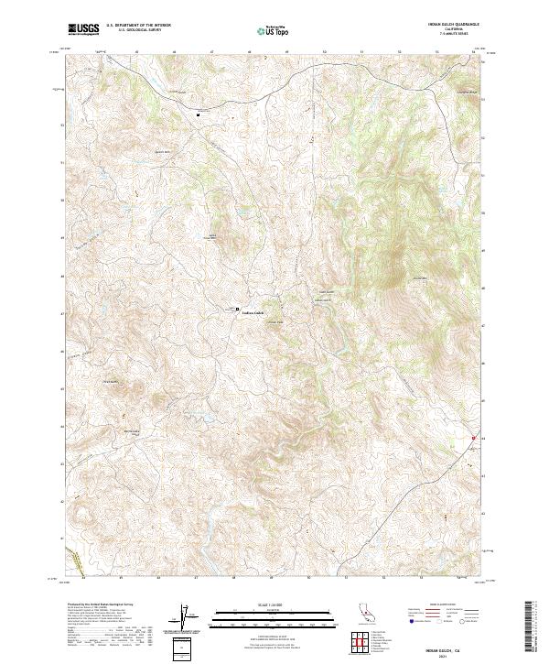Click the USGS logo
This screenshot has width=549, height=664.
(83, 29)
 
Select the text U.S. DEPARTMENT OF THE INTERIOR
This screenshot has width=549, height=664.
(138, 27)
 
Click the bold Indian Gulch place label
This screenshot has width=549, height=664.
(253, 313)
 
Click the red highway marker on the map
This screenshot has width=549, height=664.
(473, 439)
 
